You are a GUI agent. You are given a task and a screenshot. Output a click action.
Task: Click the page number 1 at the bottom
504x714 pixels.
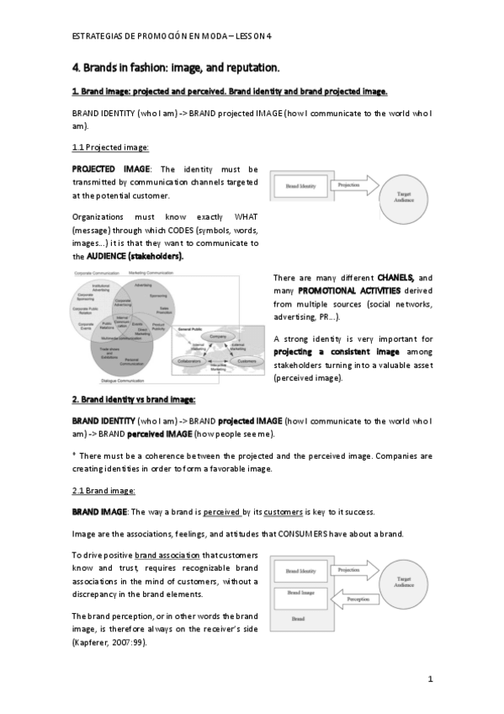tap(430, 679)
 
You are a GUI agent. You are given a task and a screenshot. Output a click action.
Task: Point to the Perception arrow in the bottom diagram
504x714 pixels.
tap(357, 599)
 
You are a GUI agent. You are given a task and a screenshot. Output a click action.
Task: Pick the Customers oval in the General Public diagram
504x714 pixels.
tap(246, 360)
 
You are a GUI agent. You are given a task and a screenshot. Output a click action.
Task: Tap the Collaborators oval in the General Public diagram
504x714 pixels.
tap(190, 360)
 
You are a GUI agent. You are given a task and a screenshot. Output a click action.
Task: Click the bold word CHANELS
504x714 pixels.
tap(395, 277)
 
